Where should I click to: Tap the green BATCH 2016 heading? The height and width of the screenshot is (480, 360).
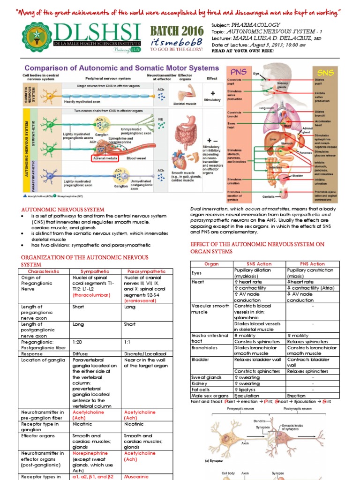[177, 32]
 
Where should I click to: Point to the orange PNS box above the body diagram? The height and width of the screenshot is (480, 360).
[238, 73]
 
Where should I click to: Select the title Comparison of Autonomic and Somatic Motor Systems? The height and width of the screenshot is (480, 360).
[115, 68]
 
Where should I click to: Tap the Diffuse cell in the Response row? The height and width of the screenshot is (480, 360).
[80, 353]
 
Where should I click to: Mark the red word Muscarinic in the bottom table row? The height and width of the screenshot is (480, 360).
[137, 477]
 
